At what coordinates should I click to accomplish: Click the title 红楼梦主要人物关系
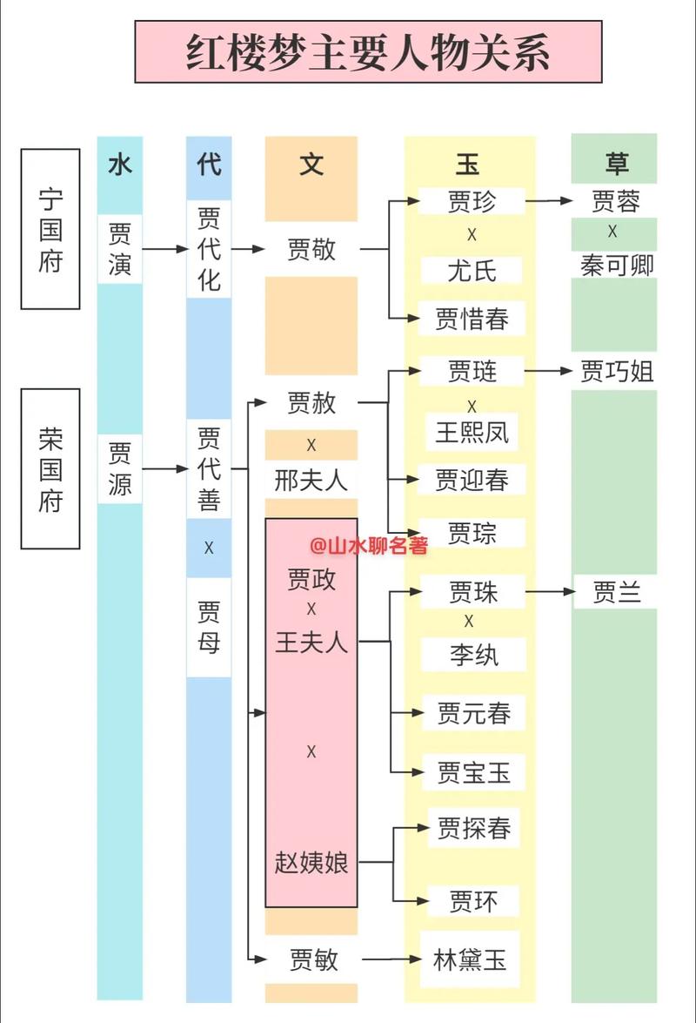[x=368, y=51]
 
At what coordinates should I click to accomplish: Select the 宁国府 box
[x=50, y=228]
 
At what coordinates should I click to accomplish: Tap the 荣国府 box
[x=50, y=468]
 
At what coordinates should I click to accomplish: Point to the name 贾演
[x=120, y=248]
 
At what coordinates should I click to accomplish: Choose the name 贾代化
[x=209, y=248]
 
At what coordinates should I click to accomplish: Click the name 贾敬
[x=311, y=250]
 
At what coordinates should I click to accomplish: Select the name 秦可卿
[x=616, y=266]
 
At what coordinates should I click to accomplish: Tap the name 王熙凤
[x=472, y=432]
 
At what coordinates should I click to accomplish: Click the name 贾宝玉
[x=473, y=772]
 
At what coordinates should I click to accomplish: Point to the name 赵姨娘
[x=311, y=862]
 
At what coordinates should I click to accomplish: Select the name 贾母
[x=209, y=627]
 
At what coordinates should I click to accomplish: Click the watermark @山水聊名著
[x=369, y=546]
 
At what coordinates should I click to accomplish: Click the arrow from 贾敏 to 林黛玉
[x=391, y=960]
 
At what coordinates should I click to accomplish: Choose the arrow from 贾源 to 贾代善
[x=165, y=469]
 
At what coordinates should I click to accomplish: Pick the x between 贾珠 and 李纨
[x=470, y=622]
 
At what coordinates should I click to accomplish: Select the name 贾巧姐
[x=616, y=372]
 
